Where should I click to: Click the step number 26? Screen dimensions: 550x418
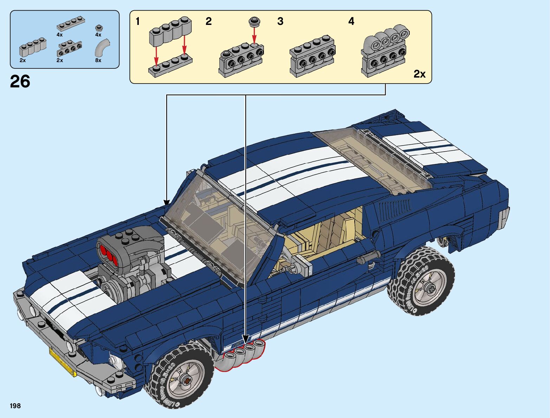20,81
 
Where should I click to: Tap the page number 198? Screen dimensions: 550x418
15,406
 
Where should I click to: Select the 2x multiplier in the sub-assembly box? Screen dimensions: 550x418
419,74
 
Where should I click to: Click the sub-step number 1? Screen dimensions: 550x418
138,21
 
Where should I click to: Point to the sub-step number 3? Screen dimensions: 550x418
280,21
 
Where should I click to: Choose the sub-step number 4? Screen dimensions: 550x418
351,21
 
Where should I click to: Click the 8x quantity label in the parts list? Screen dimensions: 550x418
98,60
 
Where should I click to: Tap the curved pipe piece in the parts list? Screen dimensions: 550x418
102,47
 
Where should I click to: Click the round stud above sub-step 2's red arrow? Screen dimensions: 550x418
254,21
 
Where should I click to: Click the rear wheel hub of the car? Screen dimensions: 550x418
429,288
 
